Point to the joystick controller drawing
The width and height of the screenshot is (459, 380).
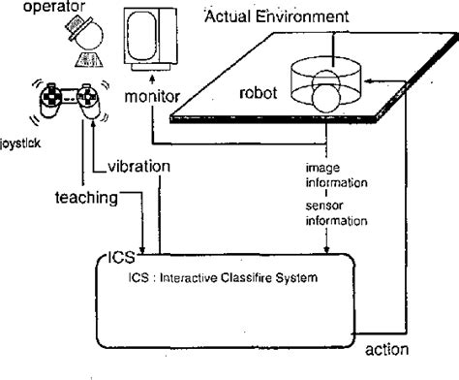click(x=67, y=104)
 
